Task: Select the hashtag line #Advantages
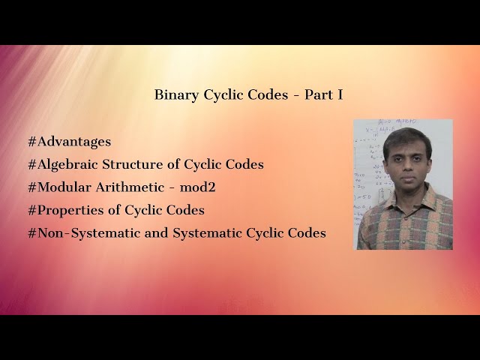tap(69, 141)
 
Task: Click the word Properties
tap(66, 210)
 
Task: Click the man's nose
tap(403, 166)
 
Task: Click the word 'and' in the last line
tap(156, 233)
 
